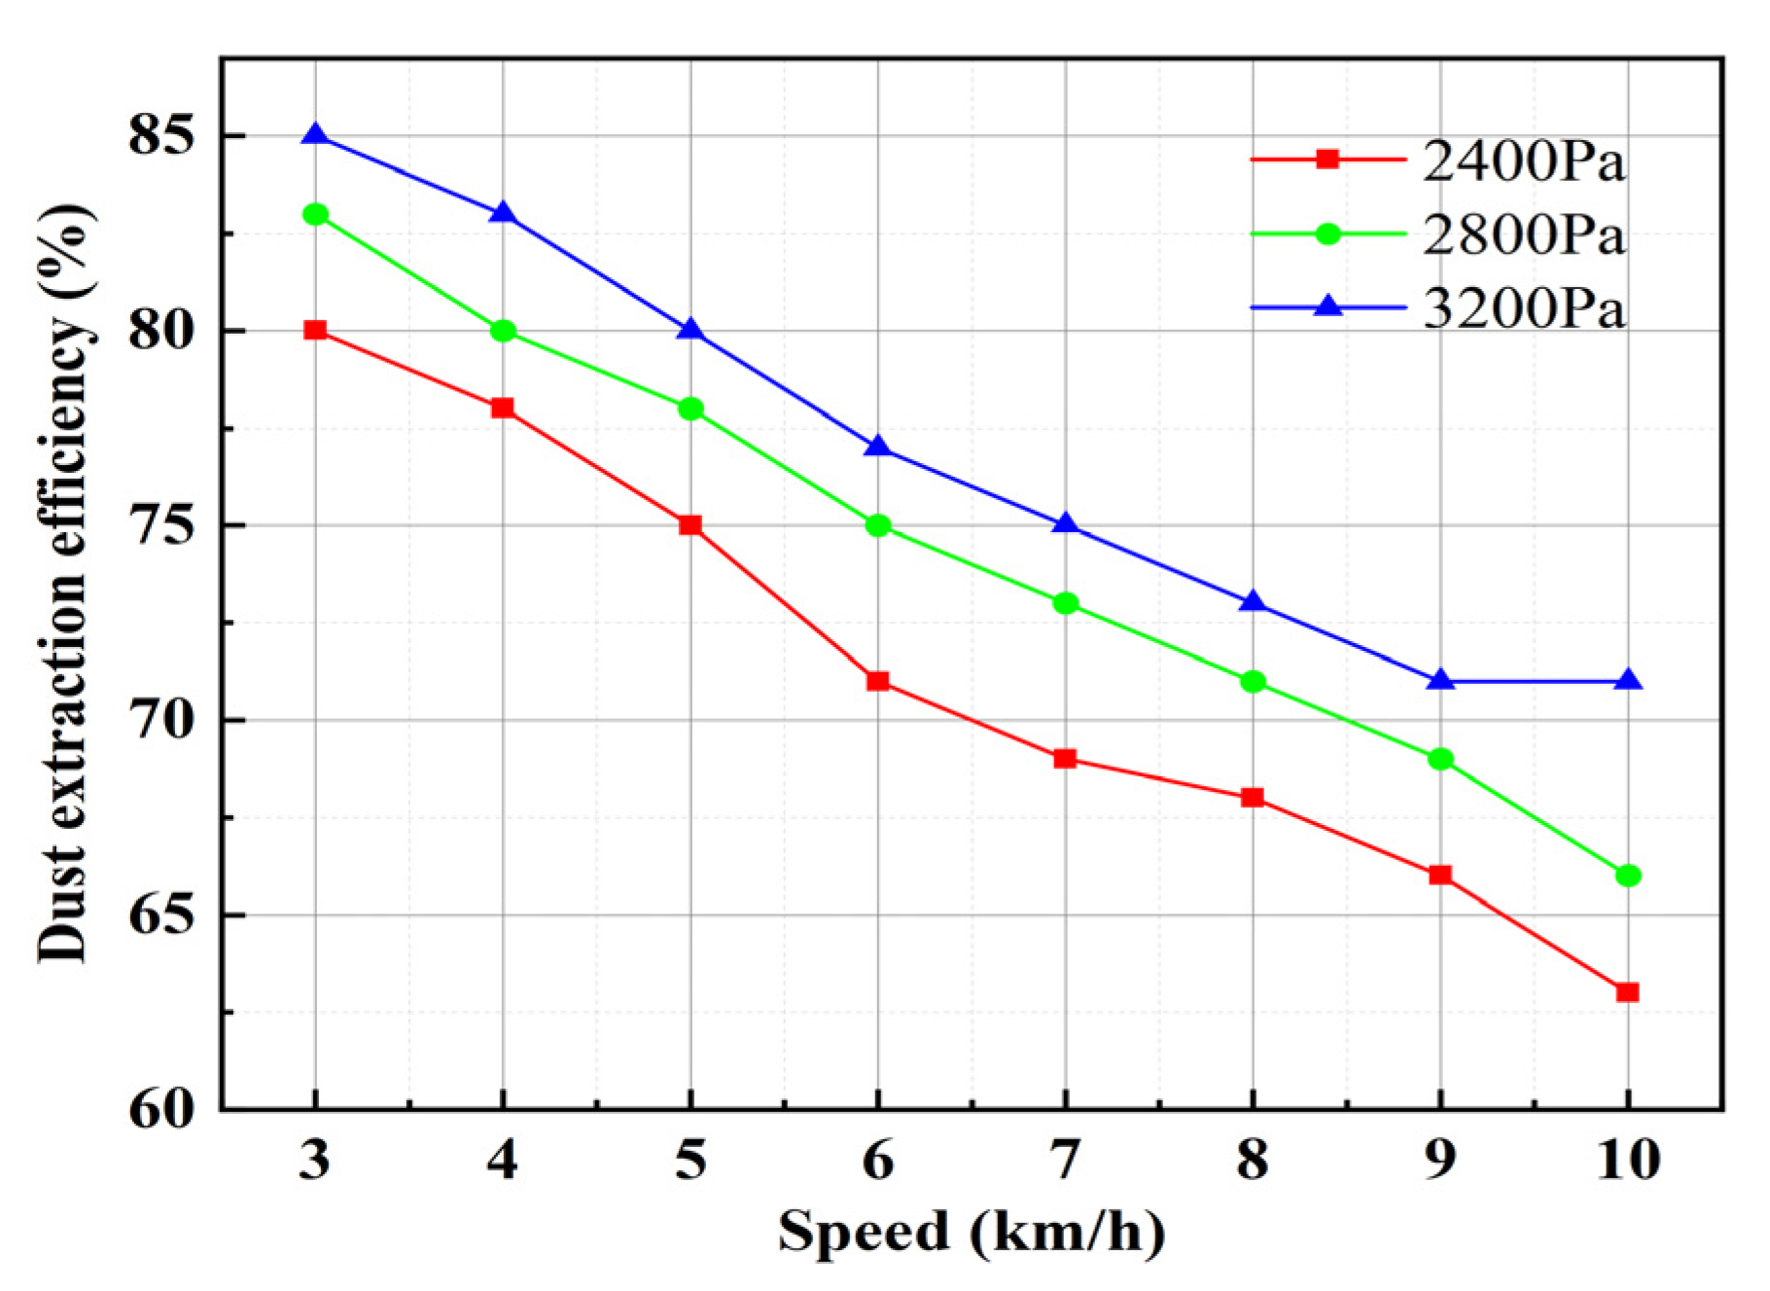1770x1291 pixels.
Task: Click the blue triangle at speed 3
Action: (x=315, y=134)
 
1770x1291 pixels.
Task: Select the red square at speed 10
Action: (x=1627, y=992)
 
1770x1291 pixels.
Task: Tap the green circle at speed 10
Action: (x=1628, y=876)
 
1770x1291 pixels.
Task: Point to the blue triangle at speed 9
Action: (x=1440, y=680)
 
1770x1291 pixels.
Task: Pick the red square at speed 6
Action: (x=877, y=681)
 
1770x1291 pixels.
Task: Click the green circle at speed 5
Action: (x=690, y=409)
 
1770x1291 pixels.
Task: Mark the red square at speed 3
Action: (x=315, y=330)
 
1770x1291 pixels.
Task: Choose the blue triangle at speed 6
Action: (x=877, y=447)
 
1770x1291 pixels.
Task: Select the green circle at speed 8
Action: (x=1253, y=681)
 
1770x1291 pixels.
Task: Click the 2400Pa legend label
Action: (x=1523, y=161)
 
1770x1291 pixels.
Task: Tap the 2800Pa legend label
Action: (x=1523, y=234)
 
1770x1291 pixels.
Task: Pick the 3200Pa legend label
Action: (x=1523, y=308)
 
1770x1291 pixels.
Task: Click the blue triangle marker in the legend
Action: (x=1327, y=307)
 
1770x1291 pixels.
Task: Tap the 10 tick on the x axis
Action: (x=1628, y=1160)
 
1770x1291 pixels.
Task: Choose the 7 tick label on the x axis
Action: (x=1065, y=1160)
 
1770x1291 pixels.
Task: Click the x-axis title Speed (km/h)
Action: (x=971, y=1232)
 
